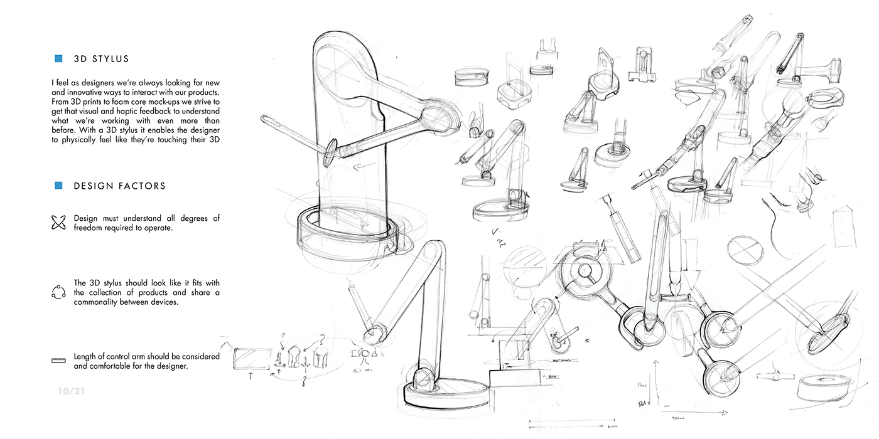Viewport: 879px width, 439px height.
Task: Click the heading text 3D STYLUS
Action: (101, 59)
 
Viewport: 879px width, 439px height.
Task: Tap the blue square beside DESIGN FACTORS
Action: (58, 186)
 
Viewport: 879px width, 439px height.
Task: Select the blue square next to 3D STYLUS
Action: (58, 59)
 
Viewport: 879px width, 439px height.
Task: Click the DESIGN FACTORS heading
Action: (119, 186)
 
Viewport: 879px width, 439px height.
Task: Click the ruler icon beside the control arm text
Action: (58, 361)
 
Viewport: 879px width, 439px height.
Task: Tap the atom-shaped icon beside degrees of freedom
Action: (58, 223)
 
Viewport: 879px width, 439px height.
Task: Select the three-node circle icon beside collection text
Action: (58, 292)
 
